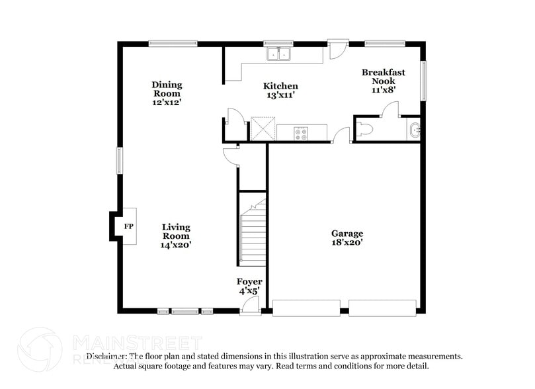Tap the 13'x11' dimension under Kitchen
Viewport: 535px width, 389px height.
(280, 95)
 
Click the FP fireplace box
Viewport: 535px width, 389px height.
(129, 227)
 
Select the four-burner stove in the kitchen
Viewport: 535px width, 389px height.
(301, 133)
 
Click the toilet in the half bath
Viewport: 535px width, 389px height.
(366, 130)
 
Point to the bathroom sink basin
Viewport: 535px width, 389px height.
(415, 130)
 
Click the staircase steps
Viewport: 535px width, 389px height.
(252, 235)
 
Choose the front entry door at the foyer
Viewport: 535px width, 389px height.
(249, 306)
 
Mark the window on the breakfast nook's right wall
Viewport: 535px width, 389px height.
(423, 80)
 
